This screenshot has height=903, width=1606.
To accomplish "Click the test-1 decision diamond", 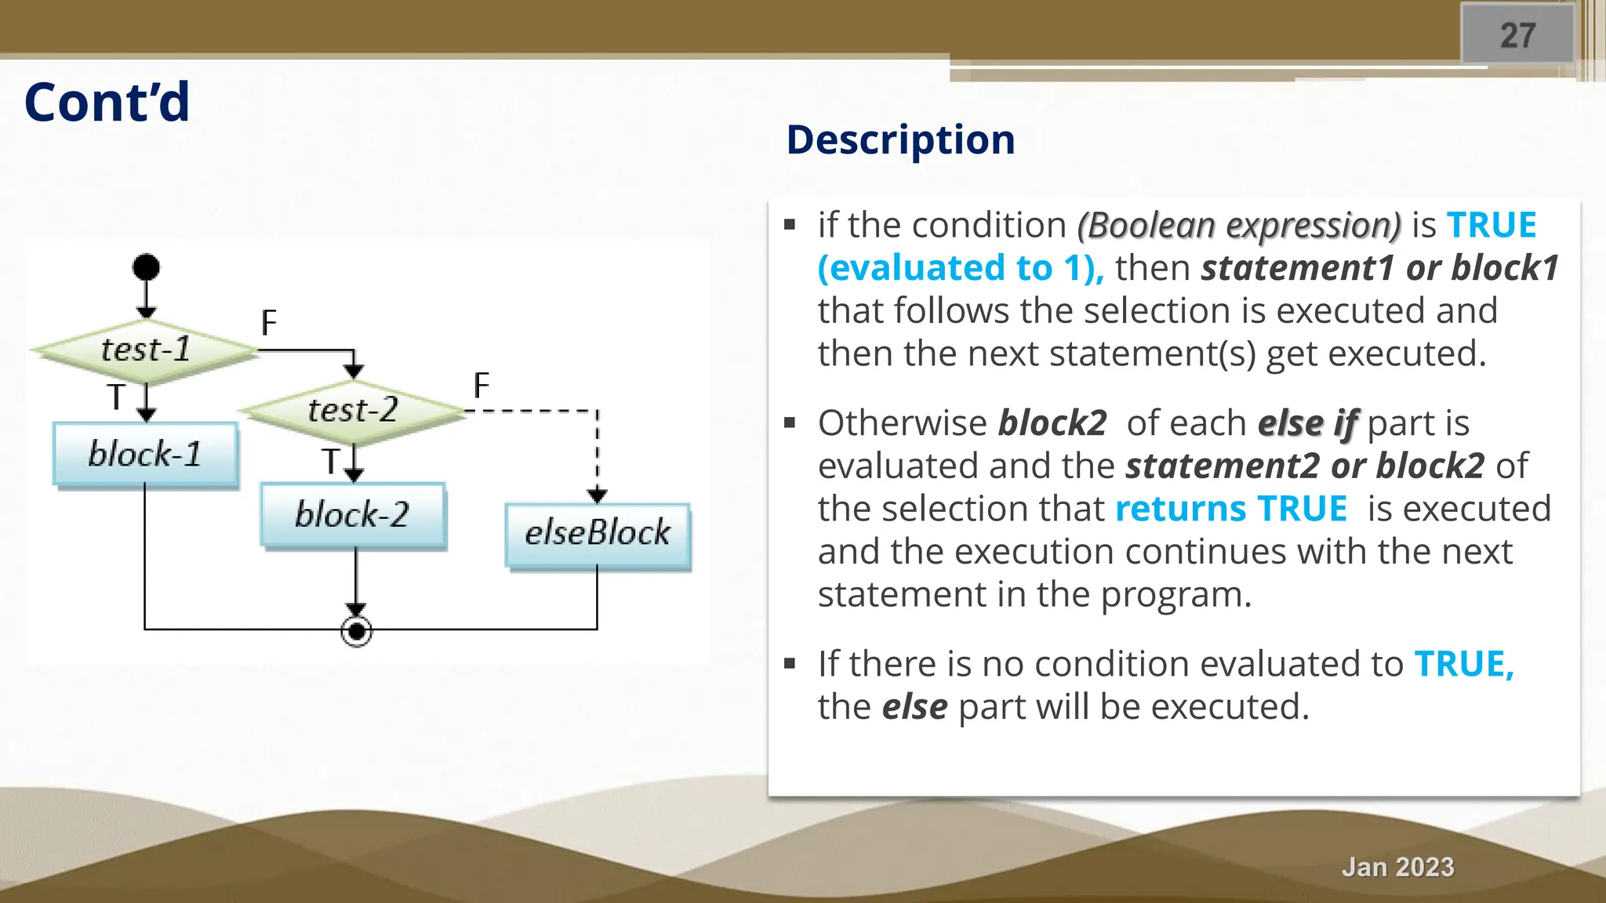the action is tap(146, 350).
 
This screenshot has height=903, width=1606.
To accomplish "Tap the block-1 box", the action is tap(145, 454).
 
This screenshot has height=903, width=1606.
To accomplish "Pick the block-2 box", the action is tap(353, 515).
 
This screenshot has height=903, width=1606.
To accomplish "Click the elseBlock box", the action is tap(598, 534).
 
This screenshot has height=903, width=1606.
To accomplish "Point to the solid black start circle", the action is tap(146, 267).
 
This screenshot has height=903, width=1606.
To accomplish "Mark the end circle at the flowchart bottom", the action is tap(357, 631).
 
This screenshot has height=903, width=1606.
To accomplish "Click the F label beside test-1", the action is tap(269, 323).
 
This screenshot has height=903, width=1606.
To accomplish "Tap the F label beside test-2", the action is tap(481, 386).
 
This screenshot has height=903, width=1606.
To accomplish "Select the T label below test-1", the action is tap(116, 397).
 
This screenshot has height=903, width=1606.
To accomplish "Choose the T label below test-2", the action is tap(331, 462).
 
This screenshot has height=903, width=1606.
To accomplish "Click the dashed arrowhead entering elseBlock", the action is tap(598, 495).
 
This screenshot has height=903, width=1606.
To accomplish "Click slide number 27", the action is tap(1517, 35).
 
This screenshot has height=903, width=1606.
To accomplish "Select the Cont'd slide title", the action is tap(107, 103).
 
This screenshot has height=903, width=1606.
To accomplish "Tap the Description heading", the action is tap(900, 140).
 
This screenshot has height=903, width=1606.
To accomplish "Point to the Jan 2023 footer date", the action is tap(1397, 867).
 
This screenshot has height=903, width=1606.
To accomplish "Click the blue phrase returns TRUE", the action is tap(1231, 509).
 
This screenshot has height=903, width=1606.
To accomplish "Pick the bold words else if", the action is tap(1307, 423).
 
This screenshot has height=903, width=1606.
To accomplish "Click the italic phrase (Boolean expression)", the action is tap(1239, 226).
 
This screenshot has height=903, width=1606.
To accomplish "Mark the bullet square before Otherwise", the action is tap(790, 423).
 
